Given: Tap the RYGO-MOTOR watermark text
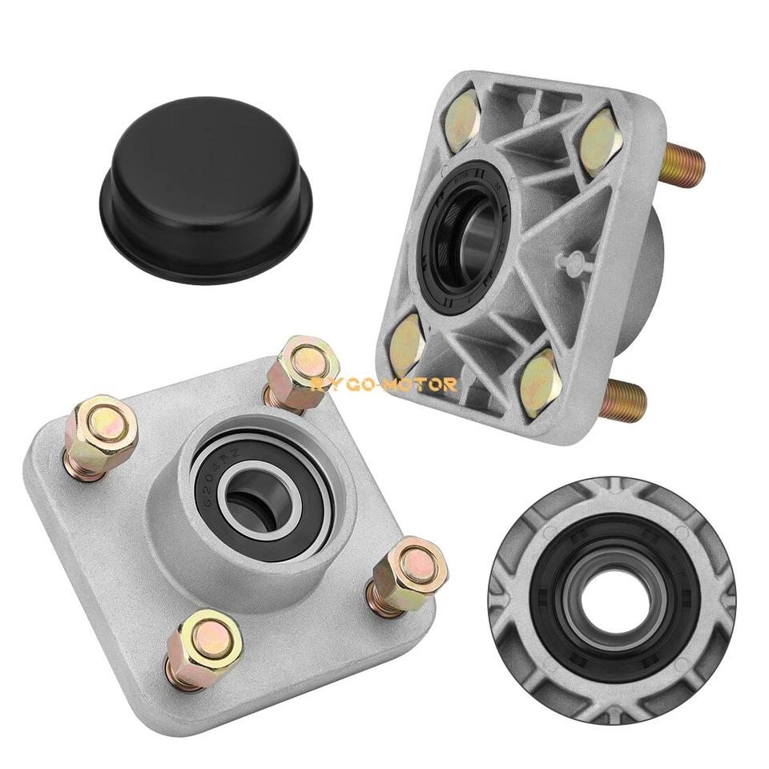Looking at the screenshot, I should point(384,384).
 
